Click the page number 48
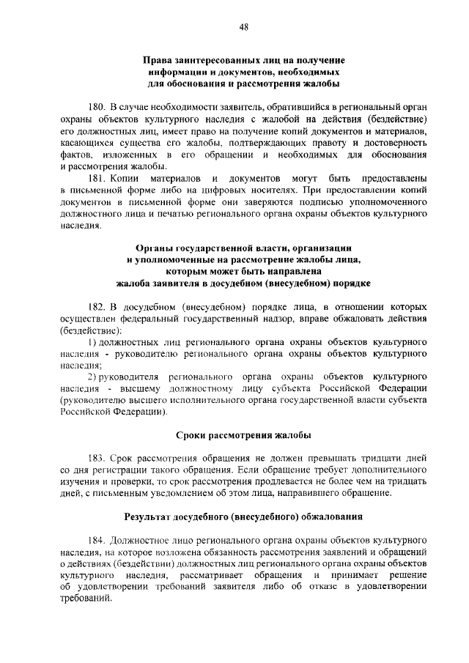tap(243, 27)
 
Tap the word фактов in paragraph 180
tap(72, 155)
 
